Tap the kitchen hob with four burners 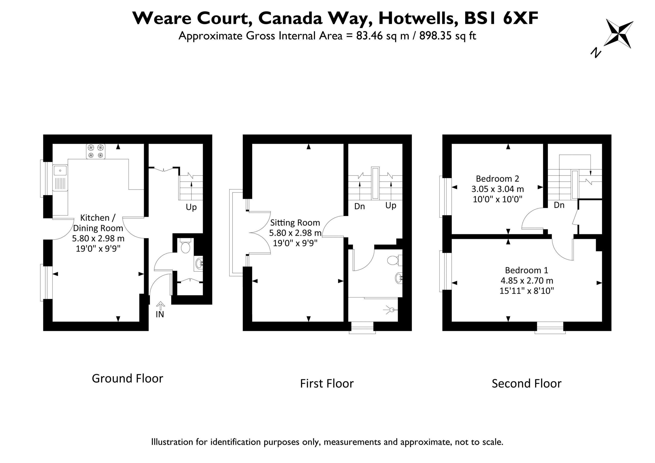coord(96,151)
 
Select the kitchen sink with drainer coord(60,178)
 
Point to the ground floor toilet coord(185,245)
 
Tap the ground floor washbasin coord(199,264)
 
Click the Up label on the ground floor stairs coord(191,207)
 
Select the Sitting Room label coord(295,222)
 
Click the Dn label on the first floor coord(359,206)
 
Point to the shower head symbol coord(390,310)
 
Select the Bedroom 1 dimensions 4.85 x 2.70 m coord(527,280)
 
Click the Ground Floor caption coord(127,378)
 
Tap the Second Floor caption coord(527,383)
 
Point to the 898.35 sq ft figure coord(447,36)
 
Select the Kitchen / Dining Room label coord(98,223)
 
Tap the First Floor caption coord(327,383)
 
